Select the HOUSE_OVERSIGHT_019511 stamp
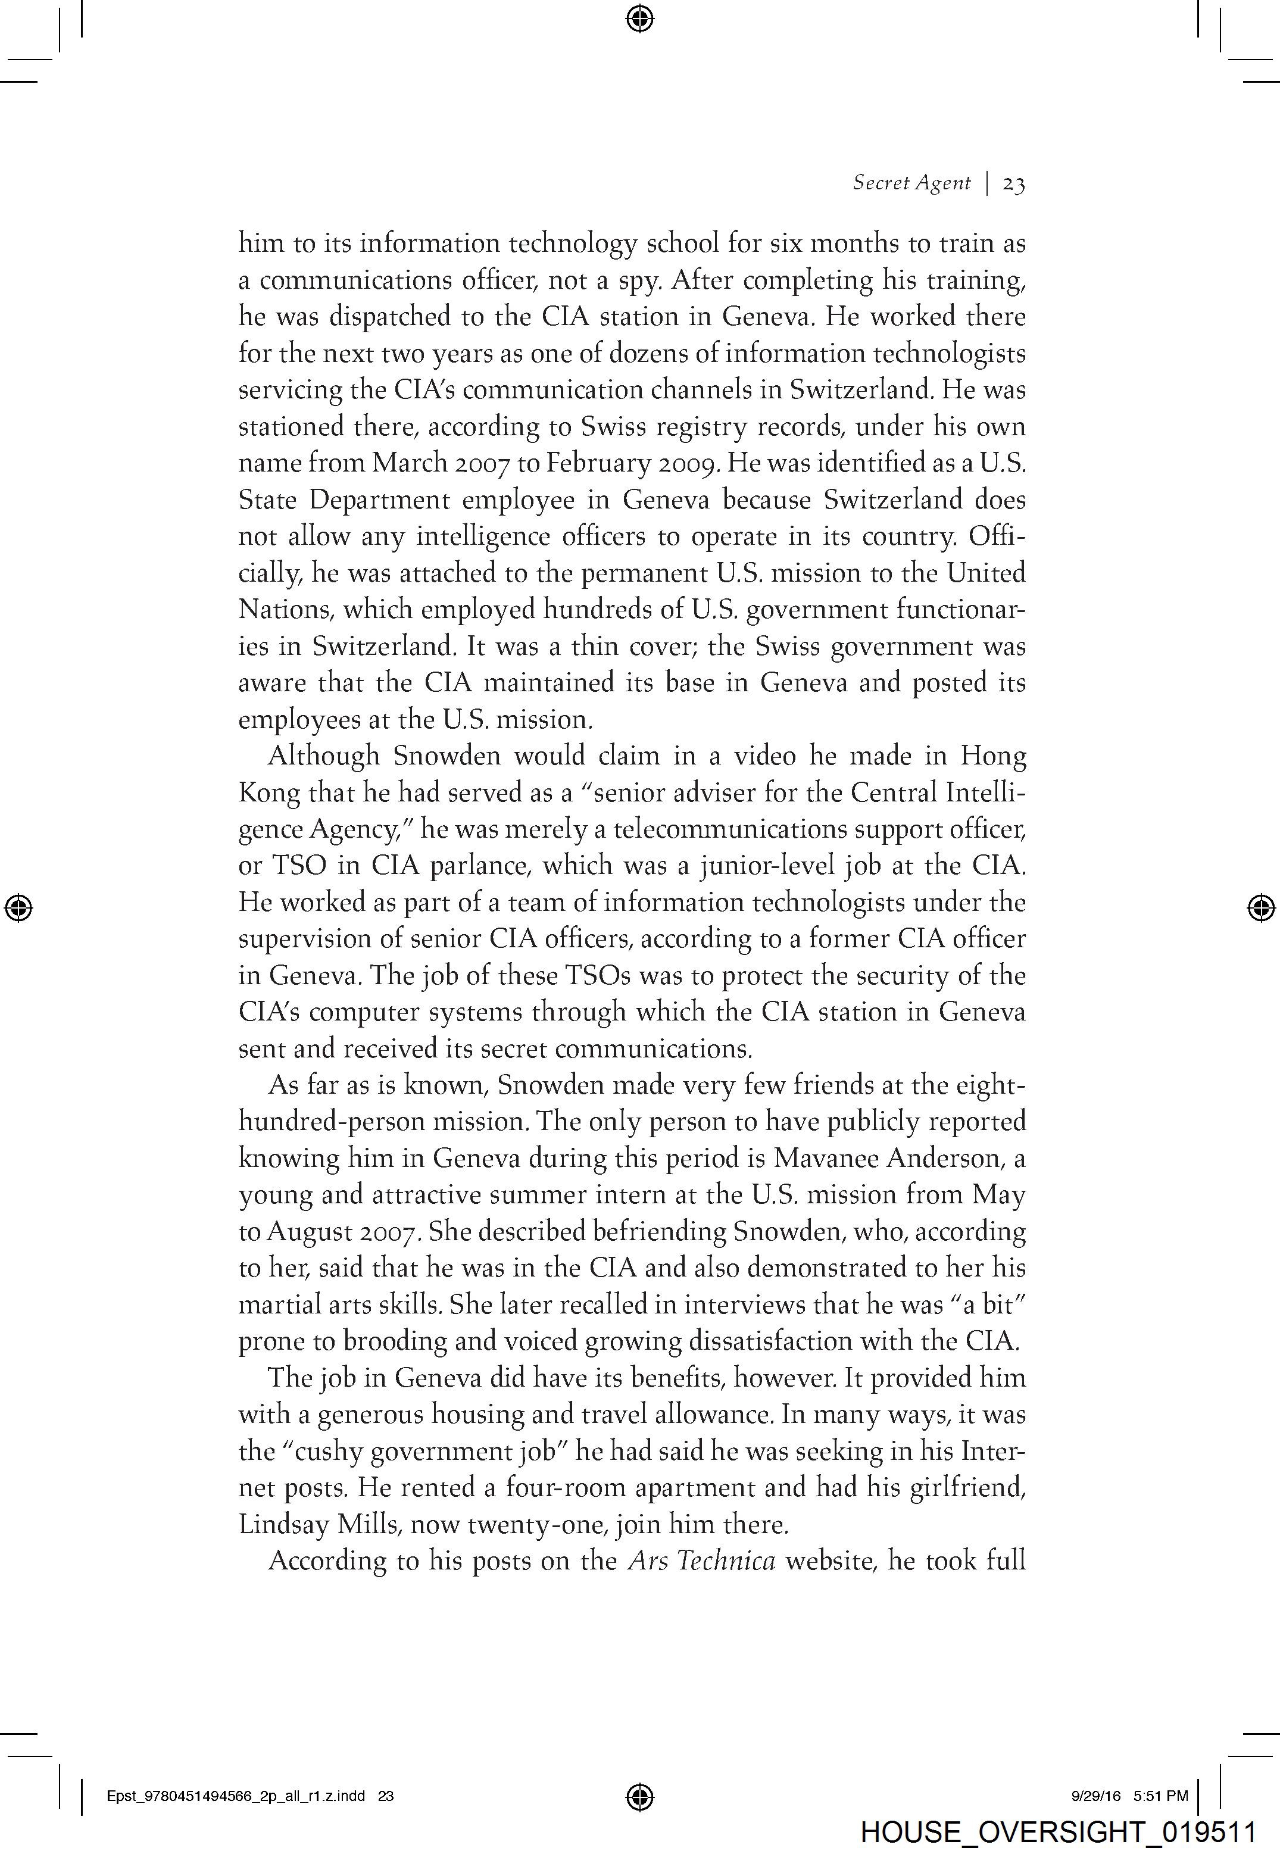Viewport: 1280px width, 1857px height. [x=1058, y=1832]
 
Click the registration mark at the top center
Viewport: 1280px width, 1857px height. [x=639, y=18]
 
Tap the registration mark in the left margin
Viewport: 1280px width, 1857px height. [x=18, y=907]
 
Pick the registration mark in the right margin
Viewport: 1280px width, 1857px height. [x=1261, y=907]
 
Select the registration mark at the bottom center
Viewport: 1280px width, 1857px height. [x=639, y=1796]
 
